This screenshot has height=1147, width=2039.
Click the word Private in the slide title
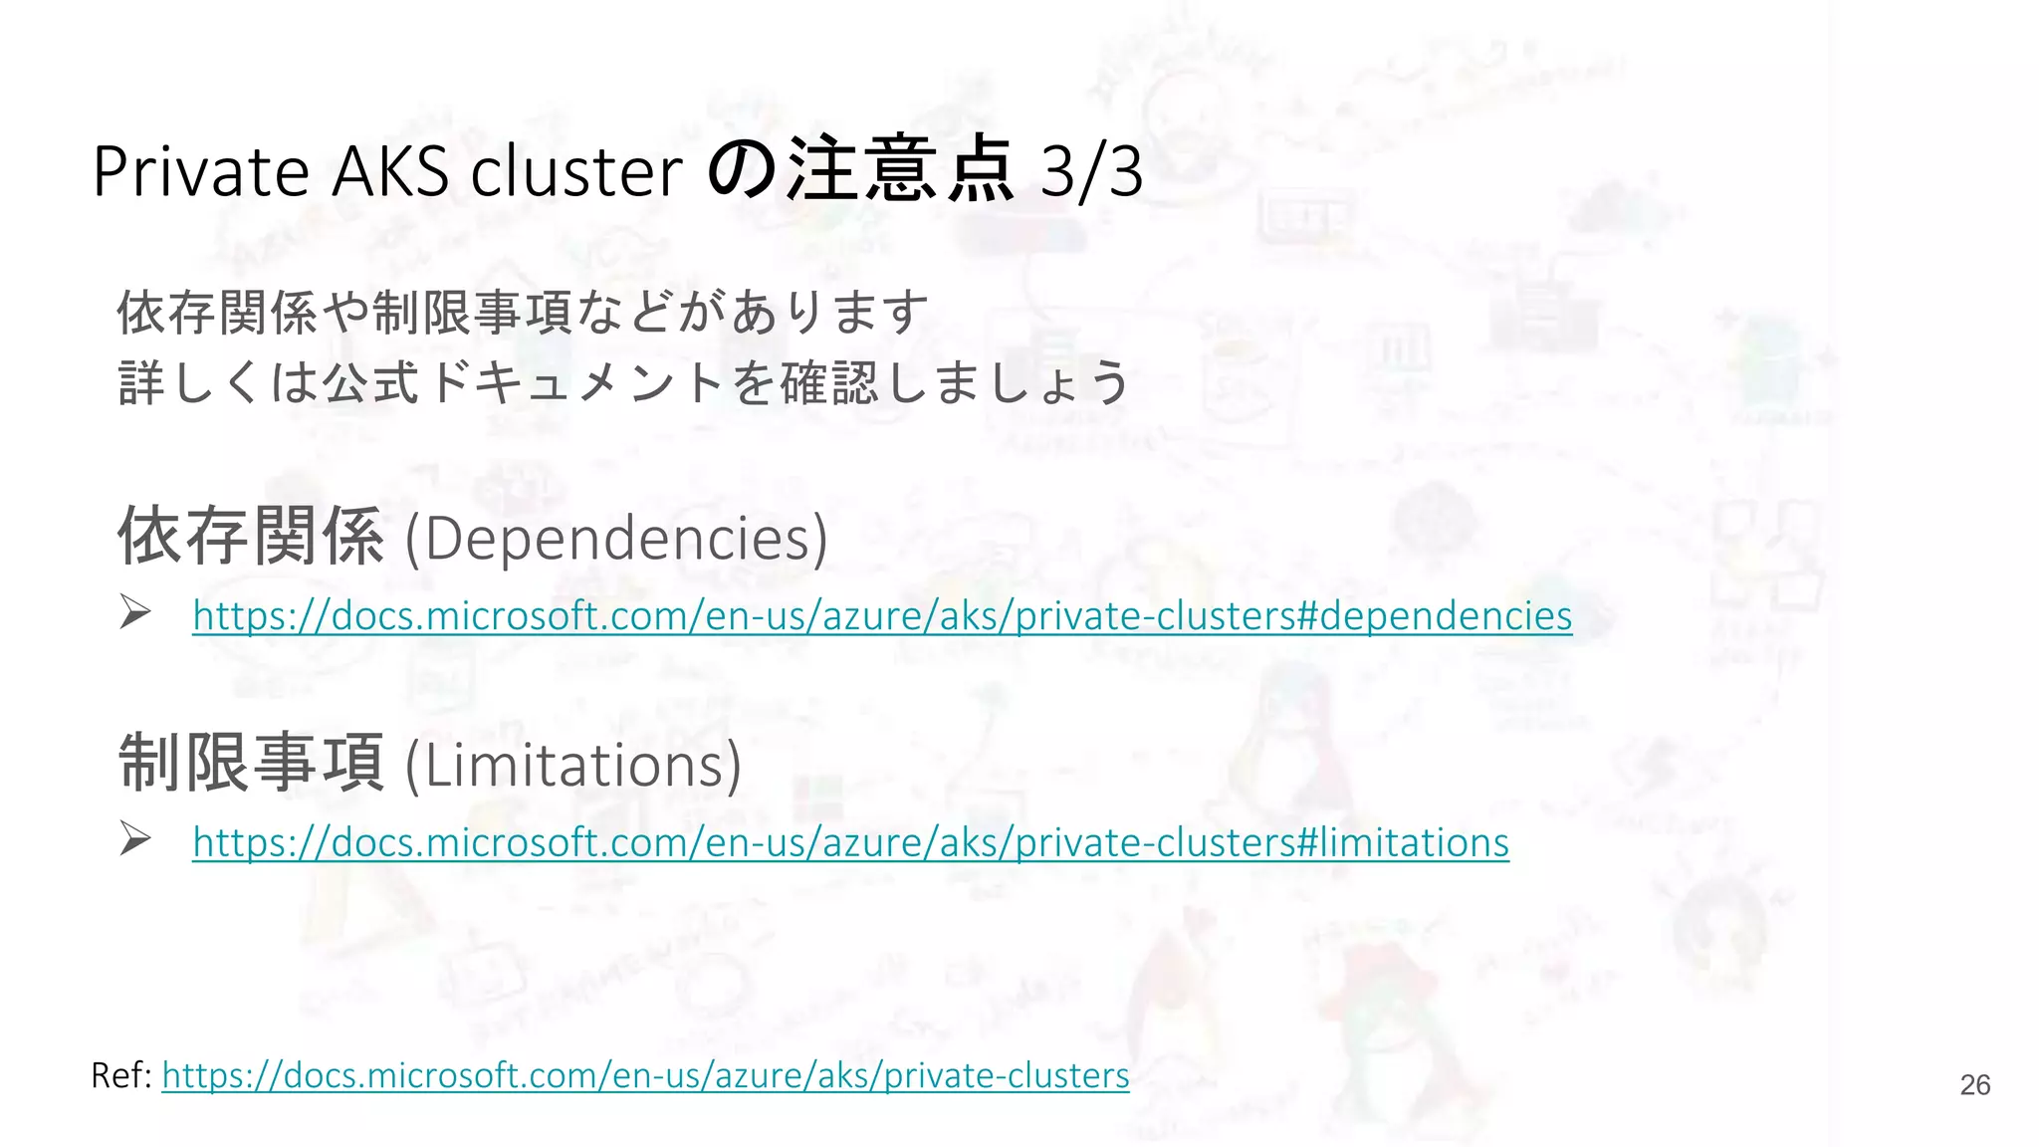(200, 171)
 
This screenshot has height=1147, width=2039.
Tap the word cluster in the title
(576, 171)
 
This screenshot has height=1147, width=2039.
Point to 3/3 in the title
(1091, 171)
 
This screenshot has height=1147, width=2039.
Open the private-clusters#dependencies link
(882, 615)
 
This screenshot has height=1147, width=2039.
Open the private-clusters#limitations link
(850, 842)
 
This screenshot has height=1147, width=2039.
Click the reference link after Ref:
(645, 1075)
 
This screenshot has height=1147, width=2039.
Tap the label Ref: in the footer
(120, 1075)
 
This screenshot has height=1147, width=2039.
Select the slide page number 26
(1974, 1085)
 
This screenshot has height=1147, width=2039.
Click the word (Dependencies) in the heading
(616, 538)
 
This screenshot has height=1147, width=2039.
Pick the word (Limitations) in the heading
(573, 765)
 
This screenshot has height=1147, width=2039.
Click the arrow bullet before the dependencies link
(134, 611)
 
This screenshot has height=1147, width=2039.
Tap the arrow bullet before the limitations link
(134, 838)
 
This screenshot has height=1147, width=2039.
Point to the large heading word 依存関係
(251, 536)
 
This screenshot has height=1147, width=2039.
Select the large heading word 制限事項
(251, 763)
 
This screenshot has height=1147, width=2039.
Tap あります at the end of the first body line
(830, 312)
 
